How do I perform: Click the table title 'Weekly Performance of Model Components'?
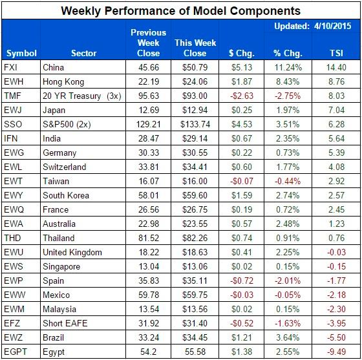click(180, 10)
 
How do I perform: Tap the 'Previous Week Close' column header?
click(148, 43)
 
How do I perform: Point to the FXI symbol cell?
click(12, 68)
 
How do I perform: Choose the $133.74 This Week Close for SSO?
click(191, 124)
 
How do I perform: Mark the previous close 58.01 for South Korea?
click(148, 195)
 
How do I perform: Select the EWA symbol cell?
click(14, 224)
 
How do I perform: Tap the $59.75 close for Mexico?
click(191, 295)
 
